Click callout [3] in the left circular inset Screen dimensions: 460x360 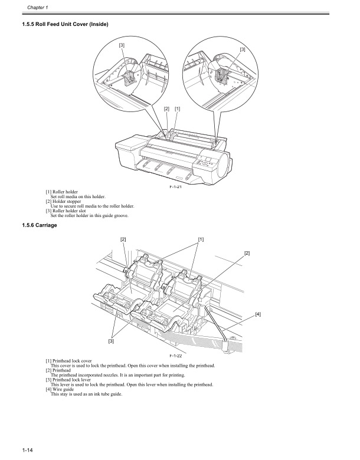[x=122, y=45]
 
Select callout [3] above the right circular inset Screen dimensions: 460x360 [x=243, y=50]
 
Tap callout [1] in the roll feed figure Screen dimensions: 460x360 [x=178, y=109]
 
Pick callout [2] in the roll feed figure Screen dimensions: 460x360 [x=166, y=109]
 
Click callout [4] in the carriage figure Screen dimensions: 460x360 [x=258, y=314]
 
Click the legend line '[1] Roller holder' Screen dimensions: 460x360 [x=63, y=192]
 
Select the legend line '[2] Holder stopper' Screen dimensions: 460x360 [x=65, y=201]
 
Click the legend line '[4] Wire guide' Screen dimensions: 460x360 [x=61, y=389]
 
